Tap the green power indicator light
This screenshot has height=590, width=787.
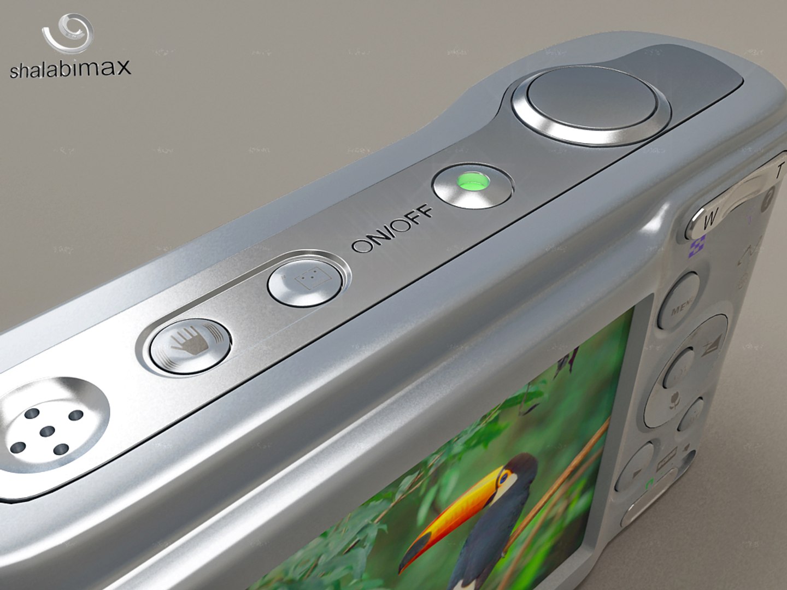click(x=472, y=182)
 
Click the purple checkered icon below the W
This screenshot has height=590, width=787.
click(x=696, y=247)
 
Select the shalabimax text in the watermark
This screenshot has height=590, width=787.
click(x=71, y=68)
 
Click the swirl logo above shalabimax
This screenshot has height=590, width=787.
click(x=68, y=34)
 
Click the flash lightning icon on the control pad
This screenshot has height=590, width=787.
click(x=710, y=347)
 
